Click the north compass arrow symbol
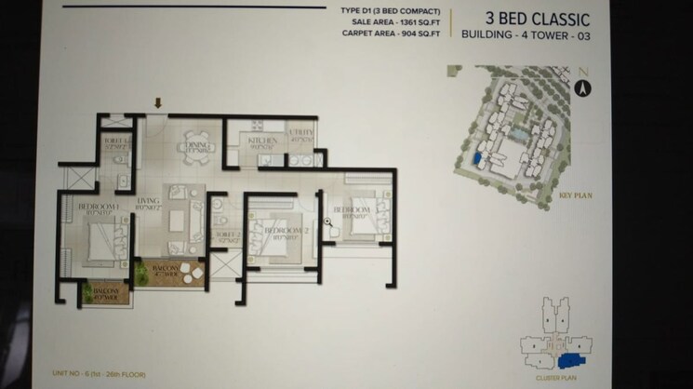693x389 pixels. pos(584,87)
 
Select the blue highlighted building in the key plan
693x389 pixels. pos(477,159)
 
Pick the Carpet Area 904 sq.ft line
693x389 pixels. pos(391,34)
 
